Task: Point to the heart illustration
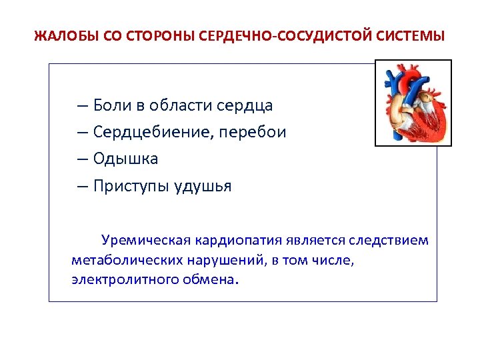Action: click(x=413, y=103)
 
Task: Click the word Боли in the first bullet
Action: click(x=113, y=105)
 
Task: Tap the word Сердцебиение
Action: click(x=155, y=132)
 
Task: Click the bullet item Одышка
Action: click(x=125, y=159)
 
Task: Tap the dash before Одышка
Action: click(x=82, y=159)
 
